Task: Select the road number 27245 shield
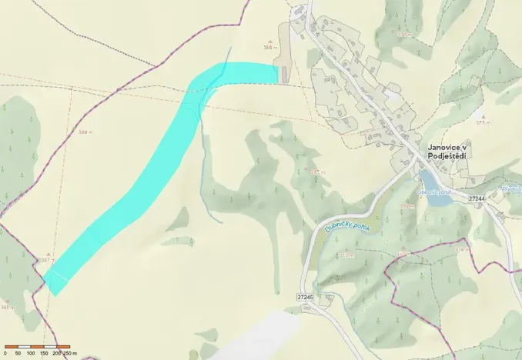(x=305, y=296)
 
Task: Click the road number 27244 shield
(x=477, y=198)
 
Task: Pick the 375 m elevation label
(x=483, y=122)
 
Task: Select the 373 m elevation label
(x=345, y=255)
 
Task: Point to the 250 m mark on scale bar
(x=70, y=352)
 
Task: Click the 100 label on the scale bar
(x=30, y=352)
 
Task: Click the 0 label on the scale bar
(x=5, y=352)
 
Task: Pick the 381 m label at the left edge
(x=7, y=308)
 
